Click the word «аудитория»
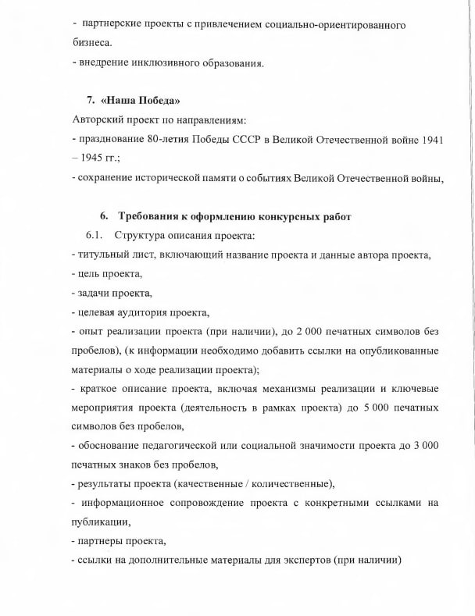click(x=145, y=312)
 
